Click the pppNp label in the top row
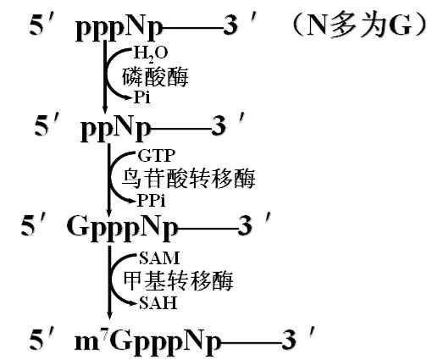pyautogui.click(x=119, y=29)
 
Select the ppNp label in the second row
pyautogui.click(x=116, y=130)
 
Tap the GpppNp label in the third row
pyautogui.click(x=123, y=228)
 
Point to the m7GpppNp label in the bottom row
pyautogui.click(x=147, y=343)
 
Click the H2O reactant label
pyautogui.click(x=151, y=54)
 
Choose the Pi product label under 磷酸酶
pyautogui.click(x=141, y=97)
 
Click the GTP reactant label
pyautogui.click(x=157, y=156)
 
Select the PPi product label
pyautogui.click(x=151, y=201)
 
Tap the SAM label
pyautogui.click(x=159, y=258)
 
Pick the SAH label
pyautogui.click(x=158, y=303)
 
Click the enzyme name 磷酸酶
pyautogui.click(x=155, y=76)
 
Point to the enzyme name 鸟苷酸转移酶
pyautogui.click(x=189, y=179)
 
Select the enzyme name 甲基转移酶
pyautogui.click(x=179, y=281)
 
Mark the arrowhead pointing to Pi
pyautogui.click(x=129, y=97)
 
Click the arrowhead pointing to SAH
pyautogui.click(x=135, y=303)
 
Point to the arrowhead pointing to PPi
pyautogui.click(x=133, y=201)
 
